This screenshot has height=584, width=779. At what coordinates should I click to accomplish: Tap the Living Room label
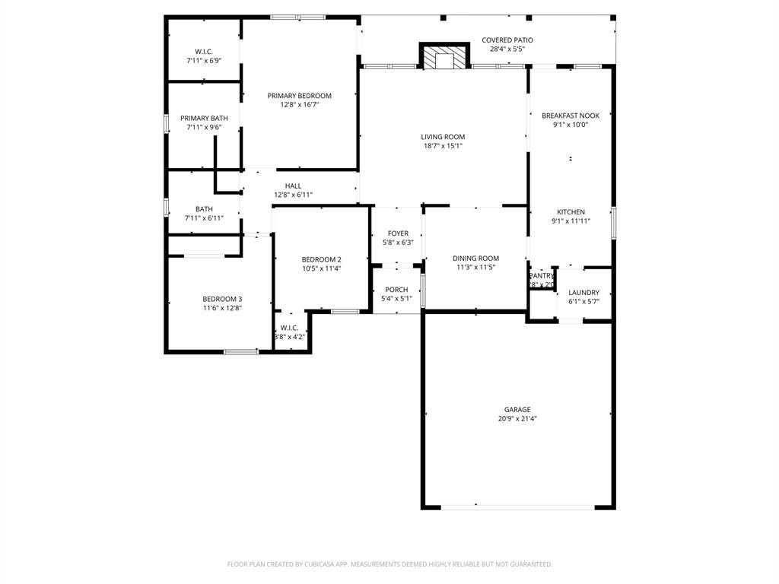tap(443, 137)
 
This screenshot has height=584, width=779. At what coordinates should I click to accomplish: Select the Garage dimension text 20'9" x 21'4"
tap(517, 419)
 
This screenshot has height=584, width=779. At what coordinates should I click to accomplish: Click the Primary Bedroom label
tap(299, 96)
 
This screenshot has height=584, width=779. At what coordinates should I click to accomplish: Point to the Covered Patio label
tap(507, 40)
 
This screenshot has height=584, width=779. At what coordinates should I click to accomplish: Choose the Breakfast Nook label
tap(570, 116)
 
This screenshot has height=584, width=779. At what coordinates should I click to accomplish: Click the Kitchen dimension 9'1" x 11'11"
tap(571, 221)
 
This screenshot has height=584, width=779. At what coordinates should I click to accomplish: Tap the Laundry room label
tap(583, 292)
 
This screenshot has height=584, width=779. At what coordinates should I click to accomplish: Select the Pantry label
tap(542, 276)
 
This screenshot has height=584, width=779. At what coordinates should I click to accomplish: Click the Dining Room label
tap(475, 259)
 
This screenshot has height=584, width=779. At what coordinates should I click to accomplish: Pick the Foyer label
tap(398, 233)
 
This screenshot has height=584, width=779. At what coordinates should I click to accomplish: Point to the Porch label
tap(396, 290)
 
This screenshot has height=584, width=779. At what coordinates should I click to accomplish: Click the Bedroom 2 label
tap(321, 259)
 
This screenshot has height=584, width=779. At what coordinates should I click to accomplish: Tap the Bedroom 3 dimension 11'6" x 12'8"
tap(222, 308)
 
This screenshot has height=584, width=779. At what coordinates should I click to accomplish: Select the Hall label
tap(293, 186)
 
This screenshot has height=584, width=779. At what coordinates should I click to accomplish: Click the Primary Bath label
tap(204, 118)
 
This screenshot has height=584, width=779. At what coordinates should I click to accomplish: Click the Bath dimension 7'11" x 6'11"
tap(204, 218)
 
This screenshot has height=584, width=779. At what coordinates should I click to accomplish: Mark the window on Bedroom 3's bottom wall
tap(241, 351)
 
